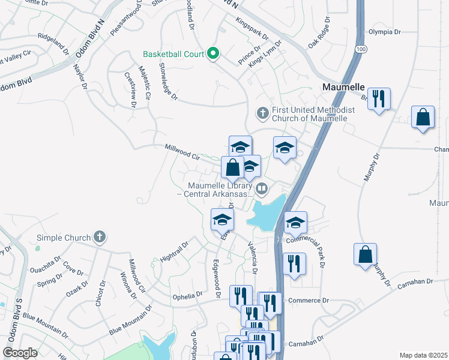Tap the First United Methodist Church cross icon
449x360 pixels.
coord(262,112)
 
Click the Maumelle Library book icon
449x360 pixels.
coord(262,190)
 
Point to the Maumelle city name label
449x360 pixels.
coord(343,87)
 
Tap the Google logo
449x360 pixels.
coord(20,353)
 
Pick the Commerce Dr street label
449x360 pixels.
coord(309,300)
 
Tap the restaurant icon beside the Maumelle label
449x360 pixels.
coord(379,98)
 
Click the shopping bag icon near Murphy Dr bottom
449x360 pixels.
coord(365,254)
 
